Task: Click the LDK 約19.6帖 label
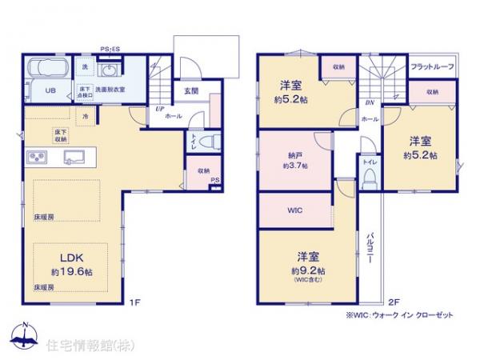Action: click(70, 263)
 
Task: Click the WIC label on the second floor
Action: click(293, 210)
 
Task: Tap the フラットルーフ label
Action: click(433, 67)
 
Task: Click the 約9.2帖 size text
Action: click(308, 271)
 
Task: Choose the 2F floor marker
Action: click(393, 302)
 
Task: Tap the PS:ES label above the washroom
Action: click(110, 49)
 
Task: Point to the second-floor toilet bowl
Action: click(369, 181)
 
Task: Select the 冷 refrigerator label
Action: click(85, 117)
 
